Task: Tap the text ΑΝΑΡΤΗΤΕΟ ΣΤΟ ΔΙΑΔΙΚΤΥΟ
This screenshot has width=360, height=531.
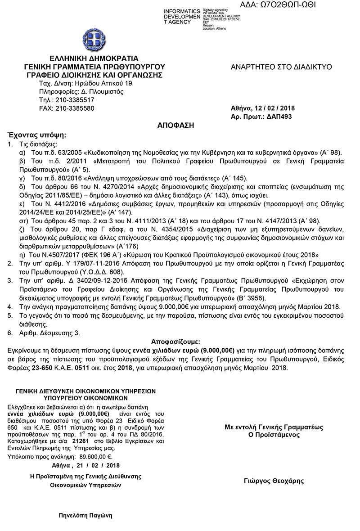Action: pos(281,67)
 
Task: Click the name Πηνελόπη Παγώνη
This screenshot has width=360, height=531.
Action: pos(85,515)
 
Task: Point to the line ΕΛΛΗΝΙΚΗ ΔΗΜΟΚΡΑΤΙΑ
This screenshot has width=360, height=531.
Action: pos(94,58)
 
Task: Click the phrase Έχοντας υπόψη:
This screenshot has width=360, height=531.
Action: pos(36,135)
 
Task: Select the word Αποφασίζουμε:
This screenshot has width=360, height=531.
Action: pos(176,342)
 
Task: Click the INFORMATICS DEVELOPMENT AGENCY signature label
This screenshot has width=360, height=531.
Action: pos(182,16)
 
